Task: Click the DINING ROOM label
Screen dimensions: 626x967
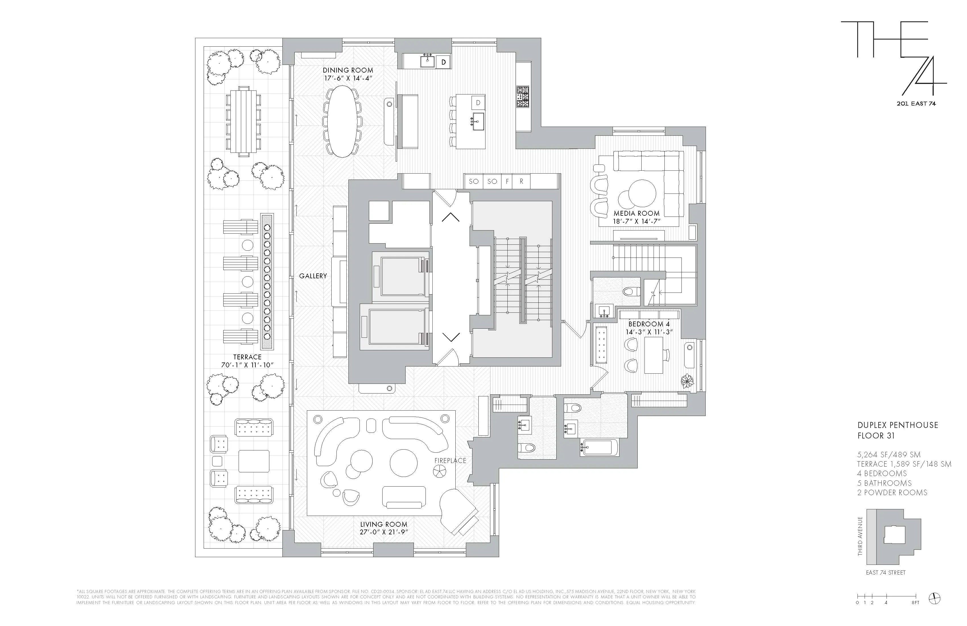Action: point(348,70)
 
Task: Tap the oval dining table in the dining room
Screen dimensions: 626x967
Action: point(342,121)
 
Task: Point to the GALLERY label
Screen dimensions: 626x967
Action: point(313,276)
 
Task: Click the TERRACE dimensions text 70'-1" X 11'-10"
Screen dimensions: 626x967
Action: point(247,365)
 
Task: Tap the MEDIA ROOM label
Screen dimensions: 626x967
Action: point(636,213)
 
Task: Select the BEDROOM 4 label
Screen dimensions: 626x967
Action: point(649,324)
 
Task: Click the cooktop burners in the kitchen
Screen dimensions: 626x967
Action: point(523,97)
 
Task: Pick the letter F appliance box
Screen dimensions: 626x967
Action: point(507,181)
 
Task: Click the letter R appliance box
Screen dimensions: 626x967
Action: point(522,181)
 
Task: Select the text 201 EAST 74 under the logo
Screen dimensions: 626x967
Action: point(916,104)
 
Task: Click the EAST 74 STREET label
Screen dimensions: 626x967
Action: point(885,572)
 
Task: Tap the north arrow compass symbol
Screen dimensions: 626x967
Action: point(935,598)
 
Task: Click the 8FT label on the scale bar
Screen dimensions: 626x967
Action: point(915,602)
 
